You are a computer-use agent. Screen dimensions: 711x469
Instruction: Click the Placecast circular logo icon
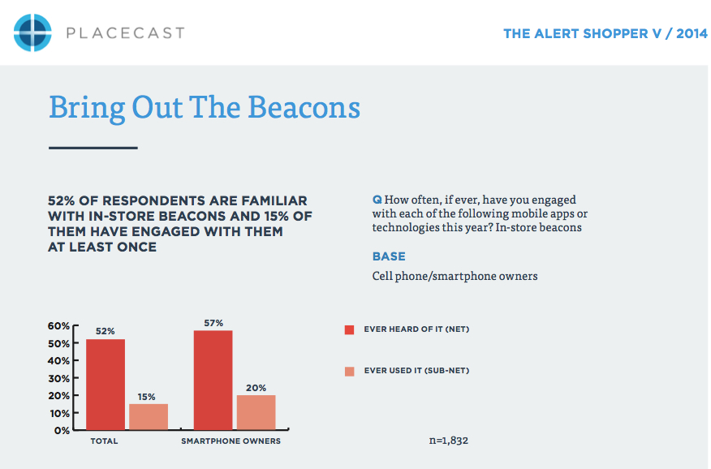pos(32,32)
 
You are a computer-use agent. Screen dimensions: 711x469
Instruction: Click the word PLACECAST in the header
pos(126,33)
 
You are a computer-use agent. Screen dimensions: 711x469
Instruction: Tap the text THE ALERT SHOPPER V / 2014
pos(605,33)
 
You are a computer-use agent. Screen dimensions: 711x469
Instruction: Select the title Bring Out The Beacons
pos(205,108)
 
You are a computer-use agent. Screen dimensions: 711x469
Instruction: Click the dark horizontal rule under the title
pos(93,148)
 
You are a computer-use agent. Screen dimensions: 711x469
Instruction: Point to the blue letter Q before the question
pos(377,200)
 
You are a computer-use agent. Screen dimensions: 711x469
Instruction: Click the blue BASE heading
pos(389,256)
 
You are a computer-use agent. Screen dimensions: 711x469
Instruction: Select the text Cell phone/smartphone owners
pos(455,276)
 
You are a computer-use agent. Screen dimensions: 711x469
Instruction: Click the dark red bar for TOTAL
pos(106,385)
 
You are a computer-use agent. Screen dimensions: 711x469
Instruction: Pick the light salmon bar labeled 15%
pos(149,416)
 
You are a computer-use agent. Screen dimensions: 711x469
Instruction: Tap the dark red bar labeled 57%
pos(213,380)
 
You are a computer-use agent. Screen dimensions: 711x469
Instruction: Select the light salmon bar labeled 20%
pos(256,412)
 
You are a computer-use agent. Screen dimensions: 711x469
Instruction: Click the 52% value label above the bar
pos(106,331)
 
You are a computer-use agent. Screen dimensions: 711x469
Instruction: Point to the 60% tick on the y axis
pos(58,326)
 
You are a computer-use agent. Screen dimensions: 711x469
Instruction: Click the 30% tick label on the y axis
pos(59,378)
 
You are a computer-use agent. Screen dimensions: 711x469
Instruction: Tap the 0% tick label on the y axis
pos(62,431)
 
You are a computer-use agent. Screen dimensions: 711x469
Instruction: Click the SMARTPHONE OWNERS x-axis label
pos(231,441)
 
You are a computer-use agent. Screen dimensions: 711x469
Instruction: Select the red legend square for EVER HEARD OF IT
pos(349,330)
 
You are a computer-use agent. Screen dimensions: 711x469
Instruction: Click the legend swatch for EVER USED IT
pos(349,372)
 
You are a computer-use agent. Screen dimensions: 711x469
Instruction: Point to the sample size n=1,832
pos(449,441)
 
